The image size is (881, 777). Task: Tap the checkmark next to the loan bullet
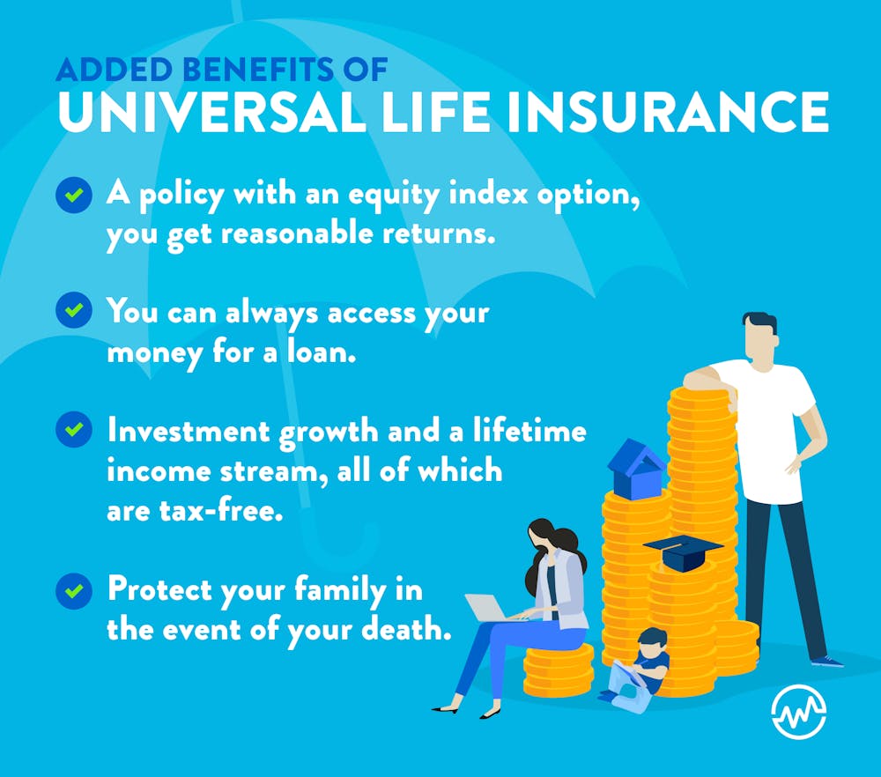point(74,311)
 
